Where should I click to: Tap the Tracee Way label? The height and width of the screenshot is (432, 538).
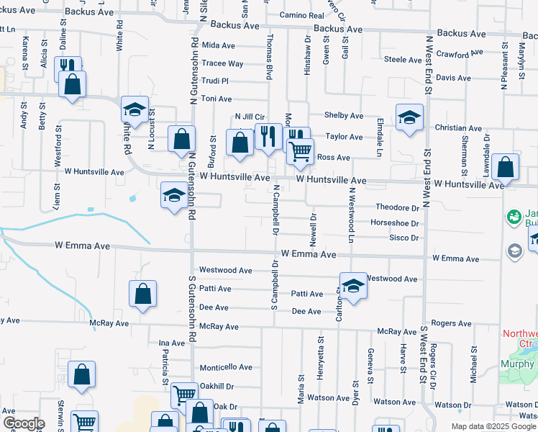222,63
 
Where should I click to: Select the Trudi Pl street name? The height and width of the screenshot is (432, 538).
215,81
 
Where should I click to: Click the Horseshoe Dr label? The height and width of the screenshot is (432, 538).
394,223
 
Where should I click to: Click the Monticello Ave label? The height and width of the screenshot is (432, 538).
226,366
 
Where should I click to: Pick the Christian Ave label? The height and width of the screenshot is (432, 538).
458,127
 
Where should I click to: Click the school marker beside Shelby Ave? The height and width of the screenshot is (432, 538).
409,117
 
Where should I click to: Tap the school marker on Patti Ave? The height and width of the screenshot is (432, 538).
353,286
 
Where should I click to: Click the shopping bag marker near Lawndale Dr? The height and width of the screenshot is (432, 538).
506,168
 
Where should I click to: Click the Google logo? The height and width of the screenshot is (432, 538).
23,423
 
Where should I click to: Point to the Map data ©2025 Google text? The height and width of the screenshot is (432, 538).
493,426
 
